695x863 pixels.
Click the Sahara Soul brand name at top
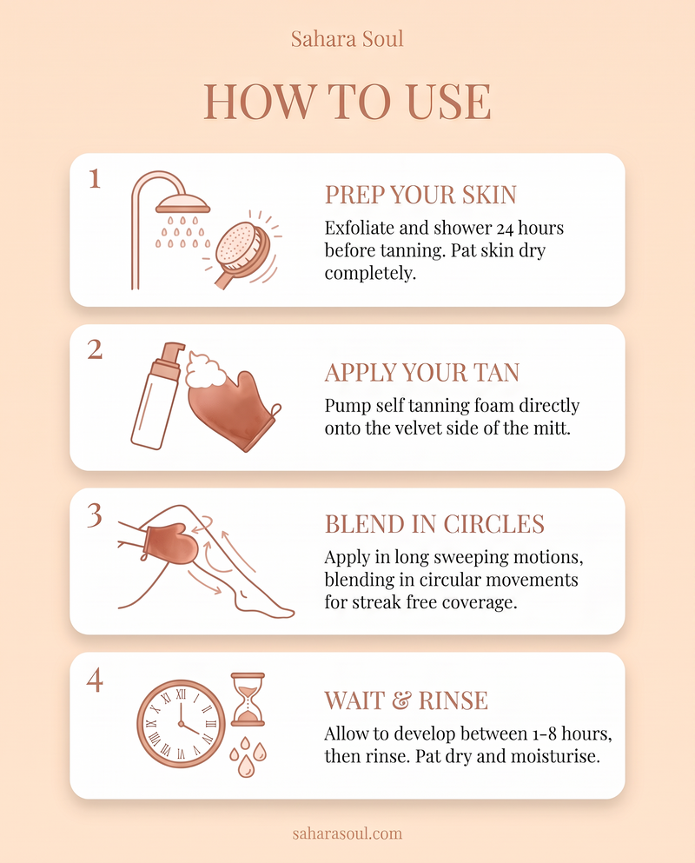347,39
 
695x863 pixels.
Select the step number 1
95,179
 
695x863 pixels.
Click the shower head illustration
182,206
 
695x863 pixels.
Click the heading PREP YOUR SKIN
420,195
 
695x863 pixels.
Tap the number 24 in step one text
505,229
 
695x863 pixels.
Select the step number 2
95,349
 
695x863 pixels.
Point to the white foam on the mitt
206,368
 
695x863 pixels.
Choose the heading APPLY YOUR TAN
422,373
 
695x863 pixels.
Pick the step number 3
95,515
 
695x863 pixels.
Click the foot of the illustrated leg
265,604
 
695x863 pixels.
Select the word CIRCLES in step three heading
493,525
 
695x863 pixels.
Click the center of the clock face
181,724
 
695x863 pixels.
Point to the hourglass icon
248,699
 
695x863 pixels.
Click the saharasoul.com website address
347,833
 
